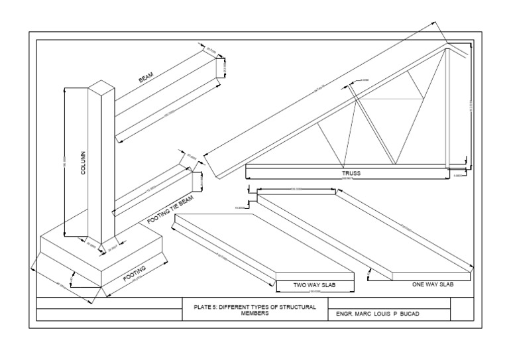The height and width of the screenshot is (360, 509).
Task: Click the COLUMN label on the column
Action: tap(84, 162)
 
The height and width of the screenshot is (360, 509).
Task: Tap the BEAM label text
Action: tap(146, 78)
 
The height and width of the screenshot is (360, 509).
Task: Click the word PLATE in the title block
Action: tap(201, 308)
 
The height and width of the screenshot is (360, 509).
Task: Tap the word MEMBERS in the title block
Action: tap(255, 314)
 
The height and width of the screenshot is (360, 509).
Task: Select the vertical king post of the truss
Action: tap(447, 106)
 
